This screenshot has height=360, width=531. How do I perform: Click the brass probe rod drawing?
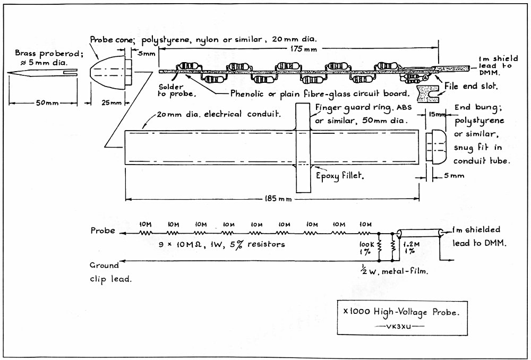tap(42, 72)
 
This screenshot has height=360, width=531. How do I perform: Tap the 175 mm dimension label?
tap(303, 49)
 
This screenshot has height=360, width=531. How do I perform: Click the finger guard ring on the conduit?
tap(303, 148)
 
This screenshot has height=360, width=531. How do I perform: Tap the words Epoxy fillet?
tap(340, 176)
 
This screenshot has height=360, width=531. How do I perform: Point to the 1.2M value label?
tap(411, 244)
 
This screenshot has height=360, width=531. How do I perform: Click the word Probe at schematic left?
tap(102, 230)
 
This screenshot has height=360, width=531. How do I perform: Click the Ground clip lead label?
tap(110, 272)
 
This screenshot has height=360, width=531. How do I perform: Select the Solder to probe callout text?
tap(176, 90)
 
